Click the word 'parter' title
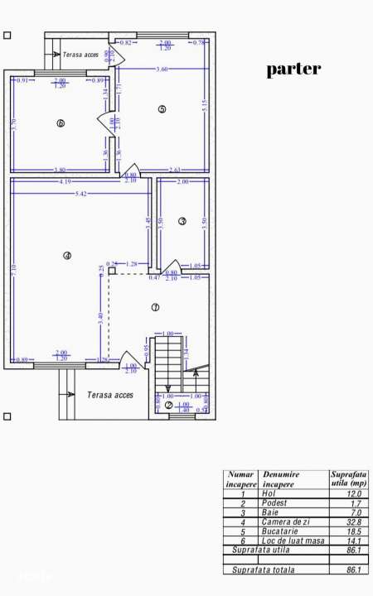pos(293,70)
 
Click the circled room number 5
pos(162,108)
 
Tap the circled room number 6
pos(61,123)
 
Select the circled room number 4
pos(67,256)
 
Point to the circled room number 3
pos(182,221)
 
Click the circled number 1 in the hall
pos(155,307)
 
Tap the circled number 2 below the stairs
pos(168,405)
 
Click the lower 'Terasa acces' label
pos(110,395)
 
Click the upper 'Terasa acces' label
pos(80,55)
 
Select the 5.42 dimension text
pos(81,193)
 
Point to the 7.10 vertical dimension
pos(14,269)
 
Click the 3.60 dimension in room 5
pos(162,70)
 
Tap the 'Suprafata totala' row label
pos(263,570)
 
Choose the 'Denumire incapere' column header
pos(282,478)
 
